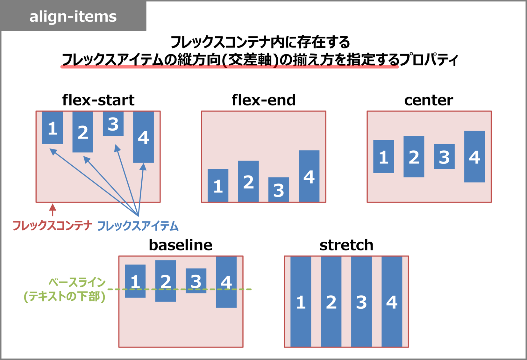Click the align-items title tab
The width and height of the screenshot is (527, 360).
coord(73,16)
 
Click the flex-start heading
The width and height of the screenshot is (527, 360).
coord(98,100)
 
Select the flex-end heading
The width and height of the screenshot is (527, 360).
coord(263,100)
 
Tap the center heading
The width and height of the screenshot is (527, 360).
coord(429,100)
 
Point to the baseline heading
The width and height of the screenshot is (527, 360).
coord(181,245)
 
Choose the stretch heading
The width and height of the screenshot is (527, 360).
coord(346,245)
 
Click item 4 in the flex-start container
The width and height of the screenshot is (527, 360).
coord(143,137)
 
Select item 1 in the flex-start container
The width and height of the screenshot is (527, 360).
coord(53,128)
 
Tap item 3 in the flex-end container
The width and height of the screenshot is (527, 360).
coord(279,190)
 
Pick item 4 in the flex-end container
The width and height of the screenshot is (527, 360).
coord(309,176)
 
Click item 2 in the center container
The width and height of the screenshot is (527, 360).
coord(414,156)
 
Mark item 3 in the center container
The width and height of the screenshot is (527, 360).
coord(444,156)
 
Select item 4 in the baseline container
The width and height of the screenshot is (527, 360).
coord(226,282)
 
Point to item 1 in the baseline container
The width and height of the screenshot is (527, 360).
coord(135,281)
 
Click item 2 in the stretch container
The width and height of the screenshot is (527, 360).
coord(331,301)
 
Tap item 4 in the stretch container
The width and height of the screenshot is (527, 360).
coord(392,301)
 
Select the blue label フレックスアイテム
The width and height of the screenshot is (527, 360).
coord(138,226)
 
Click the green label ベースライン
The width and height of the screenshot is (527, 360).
coord(77,282)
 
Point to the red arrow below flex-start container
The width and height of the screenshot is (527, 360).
coord(53,210)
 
